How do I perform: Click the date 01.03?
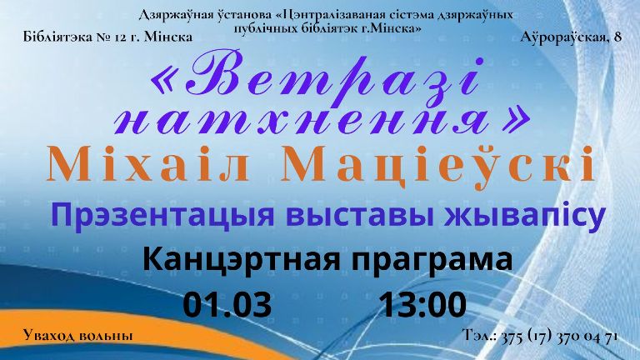point(227,305)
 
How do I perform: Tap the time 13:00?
point(423,305)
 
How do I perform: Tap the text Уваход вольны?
point(78,335)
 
